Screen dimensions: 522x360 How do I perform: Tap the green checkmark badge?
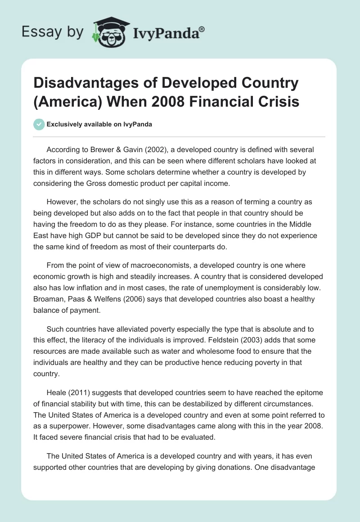coord(39,124)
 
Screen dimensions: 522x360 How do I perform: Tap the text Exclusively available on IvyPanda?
coord(99,124)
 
